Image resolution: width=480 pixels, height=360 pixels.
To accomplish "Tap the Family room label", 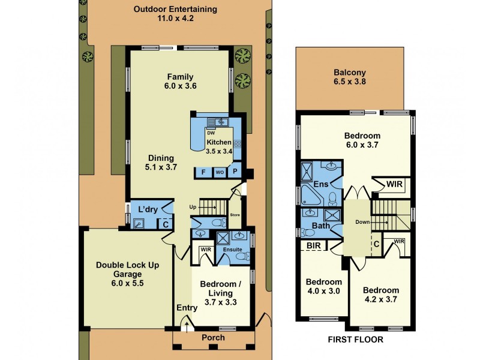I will pyautogui.click(x=180, y=76).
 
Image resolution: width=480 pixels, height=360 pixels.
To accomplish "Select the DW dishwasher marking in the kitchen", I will pyautogui.click(x=210, y=133).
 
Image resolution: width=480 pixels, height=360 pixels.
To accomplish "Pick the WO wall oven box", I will pyautogui.click(x=220, y=172).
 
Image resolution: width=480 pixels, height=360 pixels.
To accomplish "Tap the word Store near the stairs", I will pyautogui.click(x=235, y=214).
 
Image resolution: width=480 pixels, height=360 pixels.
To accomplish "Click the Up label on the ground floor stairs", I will pyautogui.click(x=193, y=207).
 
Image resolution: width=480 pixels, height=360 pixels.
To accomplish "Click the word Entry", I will pyautogui.click(x=187, y=308).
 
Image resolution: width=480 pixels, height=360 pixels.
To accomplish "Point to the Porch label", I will pyautogui.click(x=213, y=337).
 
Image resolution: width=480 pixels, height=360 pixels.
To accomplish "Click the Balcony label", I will pyautogui.click(x=349, y=74).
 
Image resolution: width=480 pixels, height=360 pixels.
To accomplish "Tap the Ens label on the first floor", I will pyautogui.click(x=320, y=185).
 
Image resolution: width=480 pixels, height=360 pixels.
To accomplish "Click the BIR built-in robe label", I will pyautogui.click(x=313, y=245).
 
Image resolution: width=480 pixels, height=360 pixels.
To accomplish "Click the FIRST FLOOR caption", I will pyautogui.click(x=355, y=339).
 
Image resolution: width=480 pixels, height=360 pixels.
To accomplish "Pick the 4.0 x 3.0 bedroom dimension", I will pyautogui.click(x=323, y=292).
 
